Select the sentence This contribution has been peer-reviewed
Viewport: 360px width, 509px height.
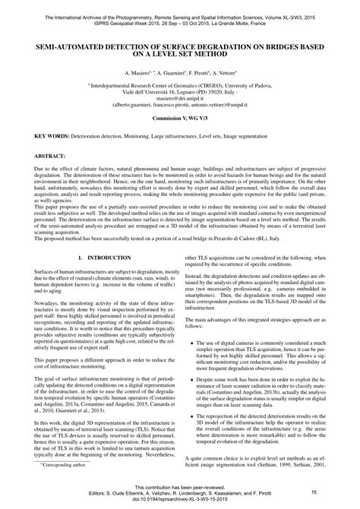pyautogui.click(x=180, y=485)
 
